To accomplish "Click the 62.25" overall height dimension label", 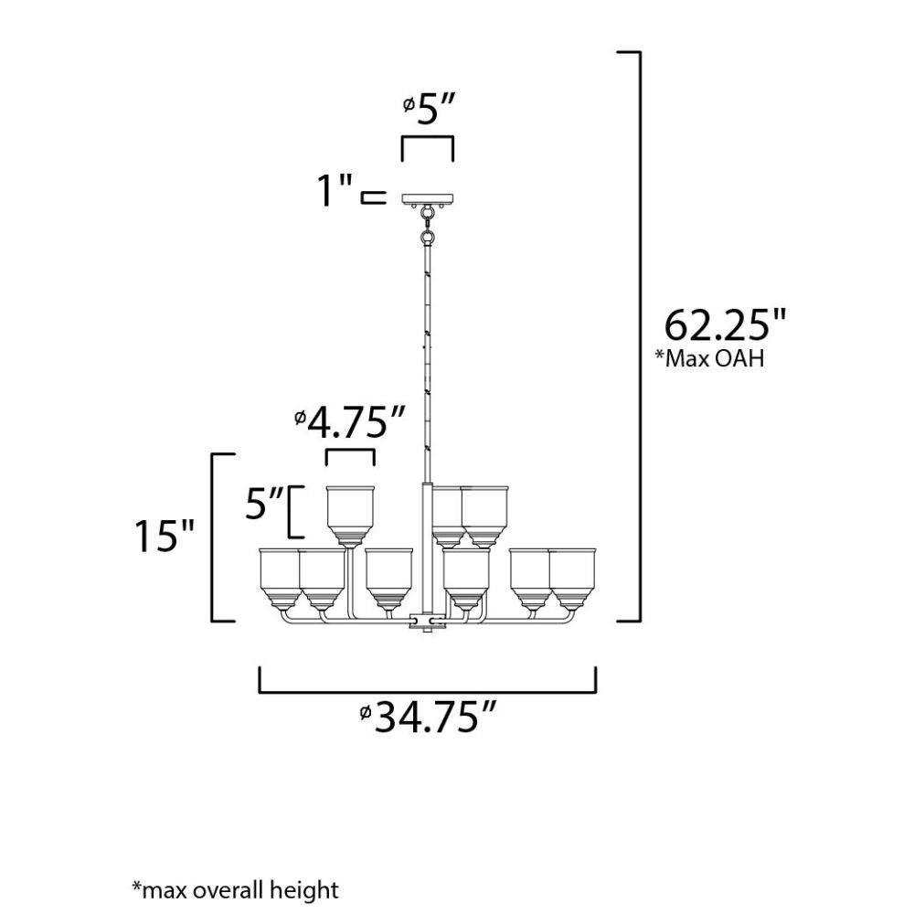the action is [x=725, y=324].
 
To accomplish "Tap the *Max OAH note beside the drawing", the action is [x=709, y=358].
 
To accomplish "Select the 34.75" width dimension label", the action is [x=429, y=717].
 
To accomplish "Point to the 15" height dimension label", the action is [x=164, y=536].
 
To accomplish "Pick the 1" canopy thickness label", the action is [x=335, y=190].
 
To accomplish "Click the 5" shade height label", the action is [x=264, y=504].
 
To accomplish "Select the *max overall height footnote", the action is [x=236, y=889].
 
